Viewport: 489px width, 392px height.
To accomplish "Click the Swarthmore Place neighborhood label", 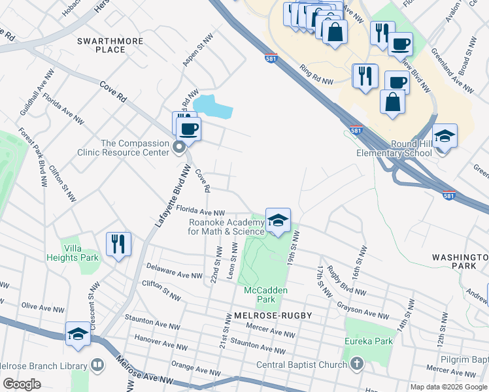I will point(101,45).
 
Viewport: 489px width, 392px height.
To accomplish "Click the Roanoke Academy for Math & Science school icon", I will point(278,220).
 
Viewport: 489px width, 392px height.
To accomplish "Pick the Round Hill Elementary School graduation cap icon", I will point(445,137).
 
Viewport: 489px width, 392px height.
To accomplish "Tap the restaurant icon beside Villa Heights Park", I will point(118,244).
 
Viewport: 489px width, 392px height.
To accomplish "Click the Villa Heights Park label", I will point(80,252).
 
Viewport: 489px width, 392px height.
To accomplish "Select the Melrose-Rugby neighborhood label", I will point(272,316).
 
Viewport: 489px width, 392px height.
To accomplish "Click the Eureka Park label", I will point(369,341).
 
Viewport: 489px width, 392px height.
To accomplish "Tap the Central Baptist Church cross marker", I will point(356,363).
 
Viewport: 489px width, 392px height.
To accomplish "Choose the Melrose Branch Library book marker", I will point(97,364).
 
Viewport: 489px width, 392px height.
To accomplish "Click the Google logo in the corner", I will point(22,384).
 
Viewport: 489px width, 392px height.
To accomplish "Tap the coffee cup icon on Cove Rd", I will point(189,129).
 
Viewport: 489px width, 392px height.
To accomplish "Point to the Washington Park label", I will point(460,262).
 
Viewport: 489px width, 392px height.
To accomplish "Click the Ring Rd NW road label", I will point(317,73).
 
